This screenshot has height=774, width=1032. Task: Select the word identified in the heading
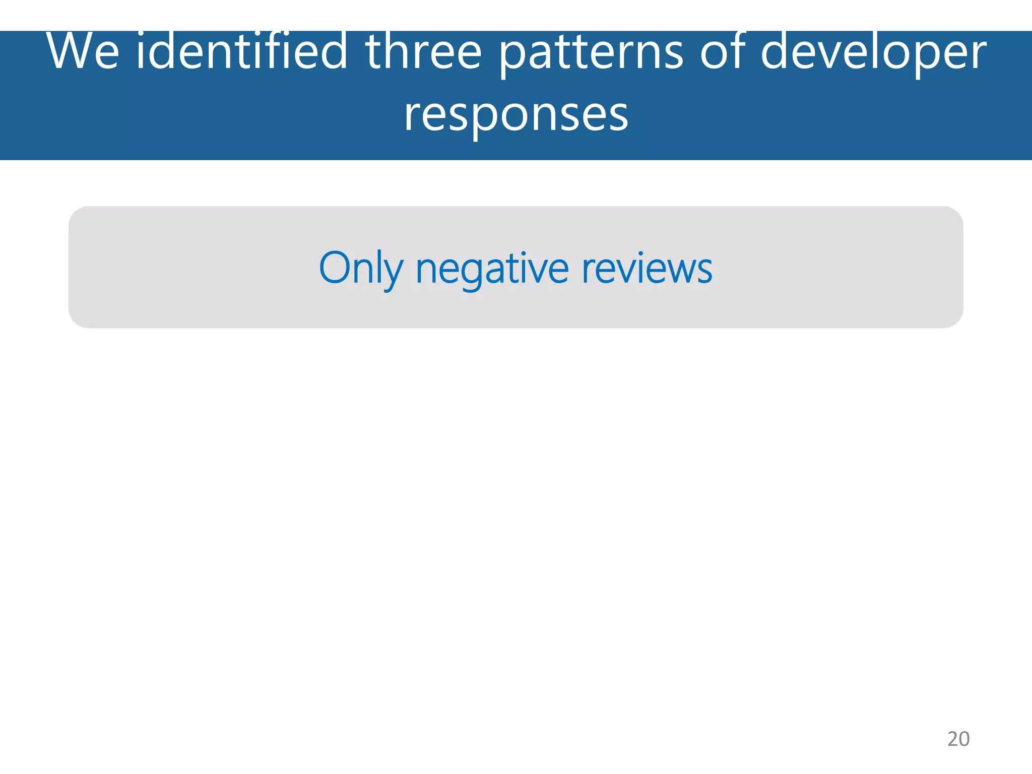[242, 51]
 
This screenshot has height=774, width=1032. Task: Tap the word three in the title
[424, 51]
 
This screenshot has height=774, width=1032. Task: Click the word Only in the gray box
[361, 269]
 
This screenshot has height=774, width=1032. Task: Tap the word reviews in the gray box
[647, 269]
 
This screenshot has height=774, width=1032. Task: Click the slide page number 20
[958, 739]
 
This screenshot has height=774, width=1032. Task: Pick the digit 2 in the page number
[952, 739]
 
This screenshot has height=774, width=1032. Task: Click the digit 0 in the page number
[964, 739]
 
